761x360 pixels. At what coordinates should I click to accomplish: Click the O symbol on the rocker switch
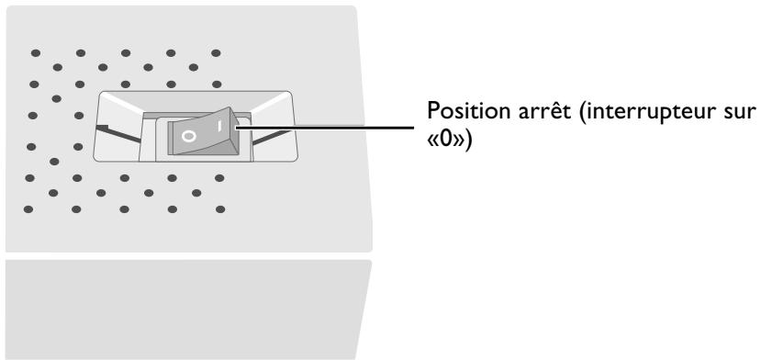pyautogui.click(x=189, y=137)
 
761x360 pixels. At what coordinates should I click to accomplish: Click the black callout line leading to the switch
pyautogui.click(x=324, y=129)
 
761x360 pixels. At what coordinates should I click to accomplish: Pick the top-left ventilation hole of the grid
pyautogui.click(x=36, y=53)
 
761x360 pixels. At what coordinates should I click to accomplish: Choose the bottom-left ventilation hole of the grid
pyautogui.click(x=28, y=209)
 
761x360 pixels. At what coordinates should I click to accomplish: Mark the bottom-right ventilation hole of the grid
pyautogui.click(x=220, y=209)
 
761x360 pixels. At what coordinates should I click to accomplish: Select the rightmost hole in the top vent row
pyautogui.click(x=216, y=53)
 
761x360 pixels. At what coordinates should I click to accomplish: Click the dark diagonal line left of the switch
pyautogui.click(x=119, y=133)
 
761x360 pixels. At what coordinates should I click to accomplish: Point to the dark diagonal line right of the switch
pyautogui.click(x=273, y=137)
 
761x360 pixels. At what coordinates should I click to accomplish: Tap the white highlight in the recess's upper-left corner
pyautogui.click(x=121, y=102)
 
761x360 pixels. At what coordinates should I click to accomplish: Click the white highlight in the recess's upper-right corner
pyautogui.click(x=271, y=102)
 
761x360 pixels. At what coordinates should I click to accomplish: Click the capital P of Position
pyautogui.click(x=432, y=112)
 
